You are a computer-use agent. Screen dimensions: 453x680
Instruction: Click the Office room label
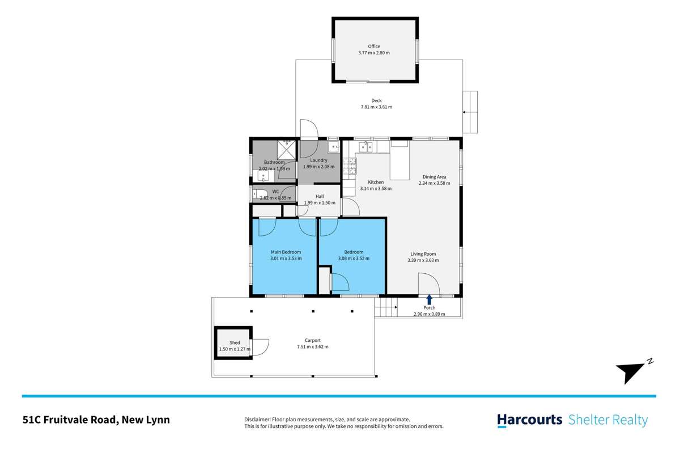[373, 46]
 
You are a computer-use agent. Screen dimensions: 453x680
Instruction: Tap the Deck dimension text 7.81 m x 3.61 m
[376, 107]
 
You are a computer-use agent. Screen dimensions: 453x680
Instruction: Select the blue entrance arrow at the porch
[430, 299]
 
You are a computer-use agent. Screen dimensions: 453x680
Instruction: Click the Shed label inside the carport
[235, 342]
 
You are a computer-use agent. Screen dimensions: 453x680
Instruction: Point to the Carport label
[312, 340]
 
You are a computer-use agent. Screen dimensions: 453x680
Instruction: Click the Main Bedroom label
[286, 252]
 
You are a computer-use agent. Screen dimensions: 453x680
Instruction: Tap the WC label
[275, 192]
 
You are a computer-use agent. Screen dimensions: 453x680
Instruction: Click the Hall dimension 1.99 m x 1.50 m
[320, 202]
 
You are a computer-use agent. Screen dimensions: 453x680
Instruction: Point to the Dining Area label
[434, 176]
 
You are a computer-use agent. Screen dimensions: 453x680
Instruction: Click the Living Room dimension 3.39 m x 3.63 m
[423, 260]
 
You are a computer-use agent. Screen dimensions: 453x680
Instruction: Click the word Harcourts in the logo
[529, 420]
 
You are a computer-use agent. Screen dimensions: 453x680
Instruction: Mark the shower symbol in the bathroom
[286, 151]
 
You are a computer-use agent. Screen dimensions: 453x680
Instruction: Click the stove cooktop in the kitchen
[350, 165]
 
